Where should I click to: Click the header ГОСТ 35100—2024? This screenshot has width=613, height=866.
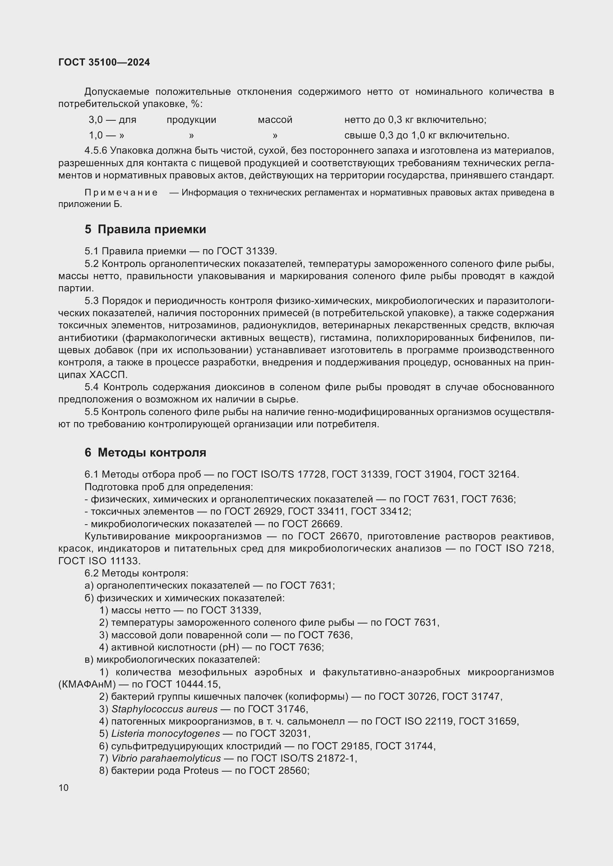coord(104,62)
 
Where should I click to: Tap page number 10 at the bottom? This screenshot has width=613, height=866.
coord(63,788)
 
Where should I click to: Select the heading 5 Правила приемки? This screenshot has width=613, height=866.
coord(145,229)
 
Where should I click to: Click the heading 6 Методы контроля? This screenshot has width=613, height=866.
coord(145,452)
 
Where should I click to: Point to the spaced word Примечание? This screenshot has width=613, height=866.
coord(121,193)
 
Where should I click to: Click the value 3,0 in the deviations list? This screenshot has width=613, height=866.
coord(96,120)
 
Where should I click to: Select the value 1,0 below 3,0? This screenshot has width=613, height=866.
coord(96,136)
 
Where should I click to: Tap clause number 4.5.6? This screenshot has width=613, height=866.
coord(96,151)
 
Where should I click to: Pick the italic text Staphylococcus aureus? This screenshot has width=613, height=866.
coord(164,709)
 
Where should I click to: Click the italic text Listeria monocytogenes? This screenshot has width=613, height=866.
coord(165,733)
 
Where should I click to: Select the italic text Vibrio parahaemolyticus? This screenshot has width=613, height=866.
coord(166,758)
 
